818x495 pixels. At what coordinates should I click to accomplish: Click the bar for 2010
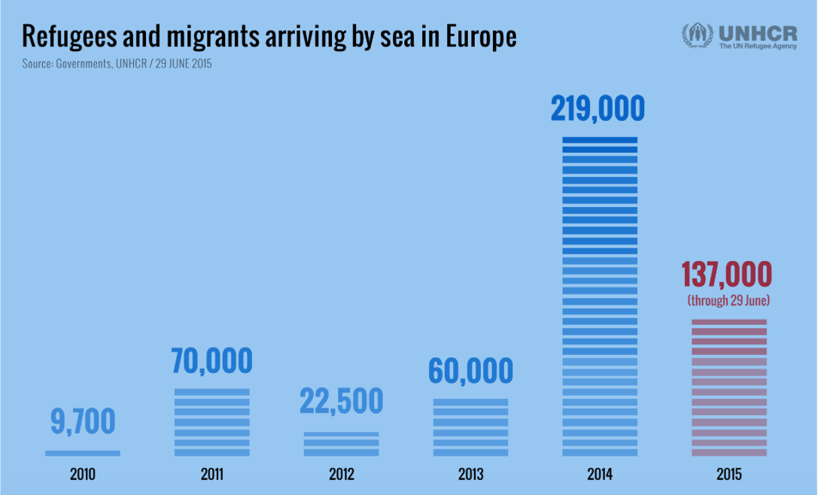tap(83, 453)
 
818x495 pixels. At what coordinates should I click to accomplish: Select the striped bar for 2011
tap(211, 422)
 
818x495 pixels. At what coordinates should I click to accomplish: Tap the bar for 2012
tap(341, 444)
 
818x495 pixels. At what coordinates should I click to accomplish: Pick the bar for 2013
tap(470, 427)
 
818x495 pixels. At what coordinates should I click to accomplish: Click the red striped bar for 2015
tap(728, 387)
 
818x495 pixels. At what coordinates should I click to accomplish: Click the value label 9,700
tap(83, 423)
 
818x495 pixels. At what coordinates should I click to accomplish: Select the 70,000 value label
tap(211, 361)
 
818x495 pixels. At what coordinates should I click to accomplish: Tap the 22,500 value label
tap(341, 401)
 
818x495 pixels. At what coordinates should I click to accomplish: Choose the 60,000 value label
tap(470, 371)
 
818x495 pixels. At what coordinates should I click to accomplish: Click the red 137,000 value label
tap(727, 275)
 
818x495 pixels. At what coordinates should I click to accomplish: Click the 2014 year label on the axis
tap(600, 475)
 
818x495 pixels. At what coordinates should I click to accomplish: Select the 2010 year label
tap(83, 475)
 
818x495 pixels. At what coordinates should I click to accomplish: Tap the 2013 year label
tap(470, 475)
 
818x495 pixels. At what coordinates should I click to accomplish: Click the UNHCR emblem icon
tap(698, 35)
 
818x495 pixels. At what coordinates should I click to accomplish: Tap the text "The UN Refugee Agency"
tap(757, 47)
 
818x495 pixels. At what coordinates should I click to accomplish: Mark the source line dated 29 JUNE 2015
tap(117, 64)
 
